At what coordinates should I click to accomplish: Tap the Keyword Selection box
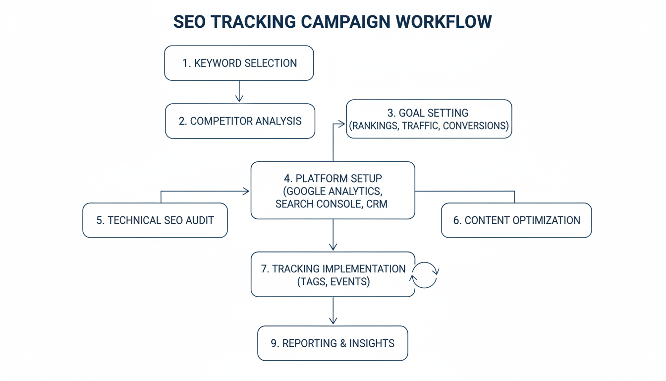[239, 63]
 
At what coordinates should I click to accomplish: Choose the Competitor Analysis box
[240, 121]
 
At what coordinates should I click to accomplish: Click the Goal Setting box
[429, 119]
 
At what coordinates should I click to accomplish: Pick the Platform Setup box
[333, 190]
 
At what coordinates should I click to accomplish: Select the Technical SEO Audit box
[155, 220]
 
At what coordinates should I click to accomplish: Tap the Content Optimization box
[516, 220]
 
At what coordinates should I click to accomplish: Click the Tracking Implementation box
[333, 275]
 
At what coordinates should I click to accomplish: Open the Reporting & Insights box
[333, 343]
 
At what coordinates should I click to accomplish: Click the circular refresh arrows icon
[425, 275]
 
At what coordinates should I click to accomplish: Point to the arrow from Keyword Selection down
[239, 91]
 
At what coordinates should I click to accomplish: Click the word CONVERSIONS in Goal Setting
[475, 126]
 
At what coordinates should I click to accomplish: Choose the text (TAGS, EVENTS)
[333, 282]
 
